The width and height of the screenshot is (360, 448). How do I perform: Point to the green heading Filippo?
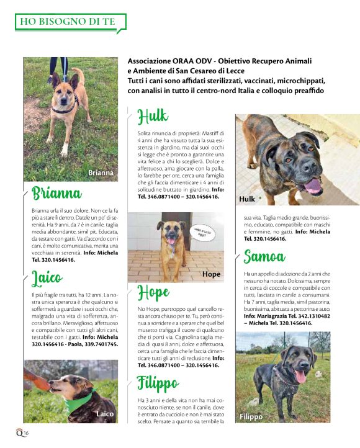coord(158,383)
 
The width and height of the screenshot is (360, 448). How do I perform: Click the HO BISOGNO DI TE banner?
coord(68,22)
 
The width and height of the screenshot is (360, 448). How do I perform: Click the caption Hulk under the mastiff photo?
coord(247,199)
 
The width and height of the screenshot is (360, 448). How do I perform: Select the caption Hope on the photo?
coord(212,274)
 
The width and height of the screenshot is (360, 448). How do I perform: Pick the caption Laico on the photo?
coord(104,413)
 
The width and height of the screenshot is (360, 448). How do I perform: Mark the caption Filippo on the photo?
coord(253,416)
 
